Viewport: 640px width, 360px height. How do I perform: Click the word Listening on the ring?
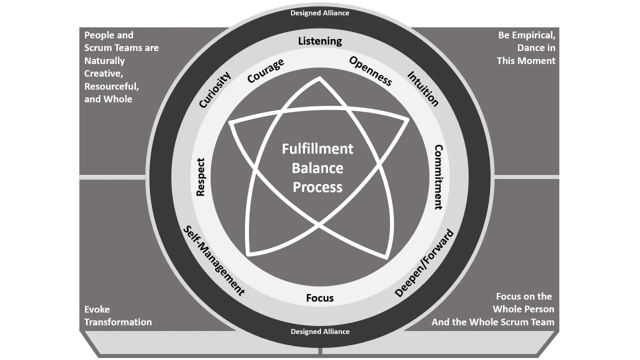coord(320,41)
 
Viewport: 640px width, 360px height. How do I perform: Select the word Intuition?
coord(423,89)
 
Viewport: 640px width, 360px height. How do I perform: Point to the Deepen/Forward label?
coord(424,263)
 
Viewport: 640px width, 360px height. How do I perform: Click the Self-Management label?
coord(213,260)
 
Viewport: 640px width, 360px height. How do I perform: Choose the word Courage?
coord(266,71)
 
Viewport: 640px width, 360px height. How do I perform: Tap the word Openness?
coord(370,70)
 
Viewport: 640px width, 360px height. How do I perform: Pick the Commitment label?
coord(438,177)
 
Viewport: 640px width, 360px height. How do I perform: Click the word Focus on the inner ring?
coord(320,298)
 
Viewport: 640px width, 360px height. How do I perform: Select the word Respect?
coord(200,177)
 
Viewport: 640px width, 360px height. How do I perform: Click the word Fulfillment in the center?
coord(317,149)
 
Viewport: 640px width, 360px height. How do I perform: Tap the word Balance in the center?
coord(317,168)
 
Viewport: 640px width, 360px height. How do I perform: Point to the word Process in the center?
coord(317,187)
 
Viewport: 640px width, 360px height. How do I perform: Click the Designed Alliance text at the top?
coord(320,13)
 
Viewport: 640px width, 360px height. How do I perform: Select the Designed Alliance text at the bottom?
coord(320,331)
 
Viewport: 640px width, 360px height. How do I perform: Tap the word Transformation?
coord(118,322)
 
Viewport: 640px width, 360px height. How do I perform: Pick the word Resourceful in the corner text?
coord(111,86)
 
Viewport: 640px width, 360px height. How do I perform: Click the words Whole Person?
coord(523,309)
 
